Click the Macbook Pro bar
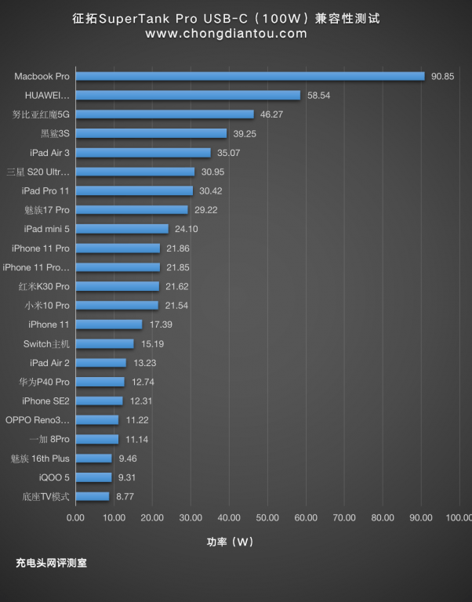pyautogui.click(x=249, y=76)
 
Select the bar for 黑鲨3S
pyautogui.click(x=151, y=133)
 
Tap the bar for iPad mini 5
pyautogui.click(x=122, y=229)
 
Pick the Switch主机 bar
pyautogui.click(x=104, y=343)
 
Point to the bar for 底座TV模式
pyautogui.click(x=92, y=496)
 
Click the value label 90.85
pyautogui.click(x=442, y=76)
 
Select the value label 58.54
pyautogui.click(x=318, y=95)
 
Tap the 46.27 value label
pyautogui.click(x=271, y=114)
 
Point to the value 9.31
pyautogui.click(x=129, y=477)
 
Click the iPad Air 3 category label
pyautogui.click(x=49, y=153)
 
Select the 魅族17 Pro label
pyautogui.click(x=47, y=210)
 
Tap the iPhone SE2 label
pyautogui.click(x=45, y=401)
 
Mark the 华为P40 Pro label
pyautogui.click(x=44, y=382)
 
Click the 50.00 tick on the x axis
pyautogui.click(x=268, y=517)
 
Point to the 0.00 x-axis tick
pyautogui.click(x=75, y=517)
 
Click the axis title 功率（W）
pyautogui.click(x=231, y=542)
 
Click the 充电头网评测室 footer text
pyautogui.click(x=51, y=563)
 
